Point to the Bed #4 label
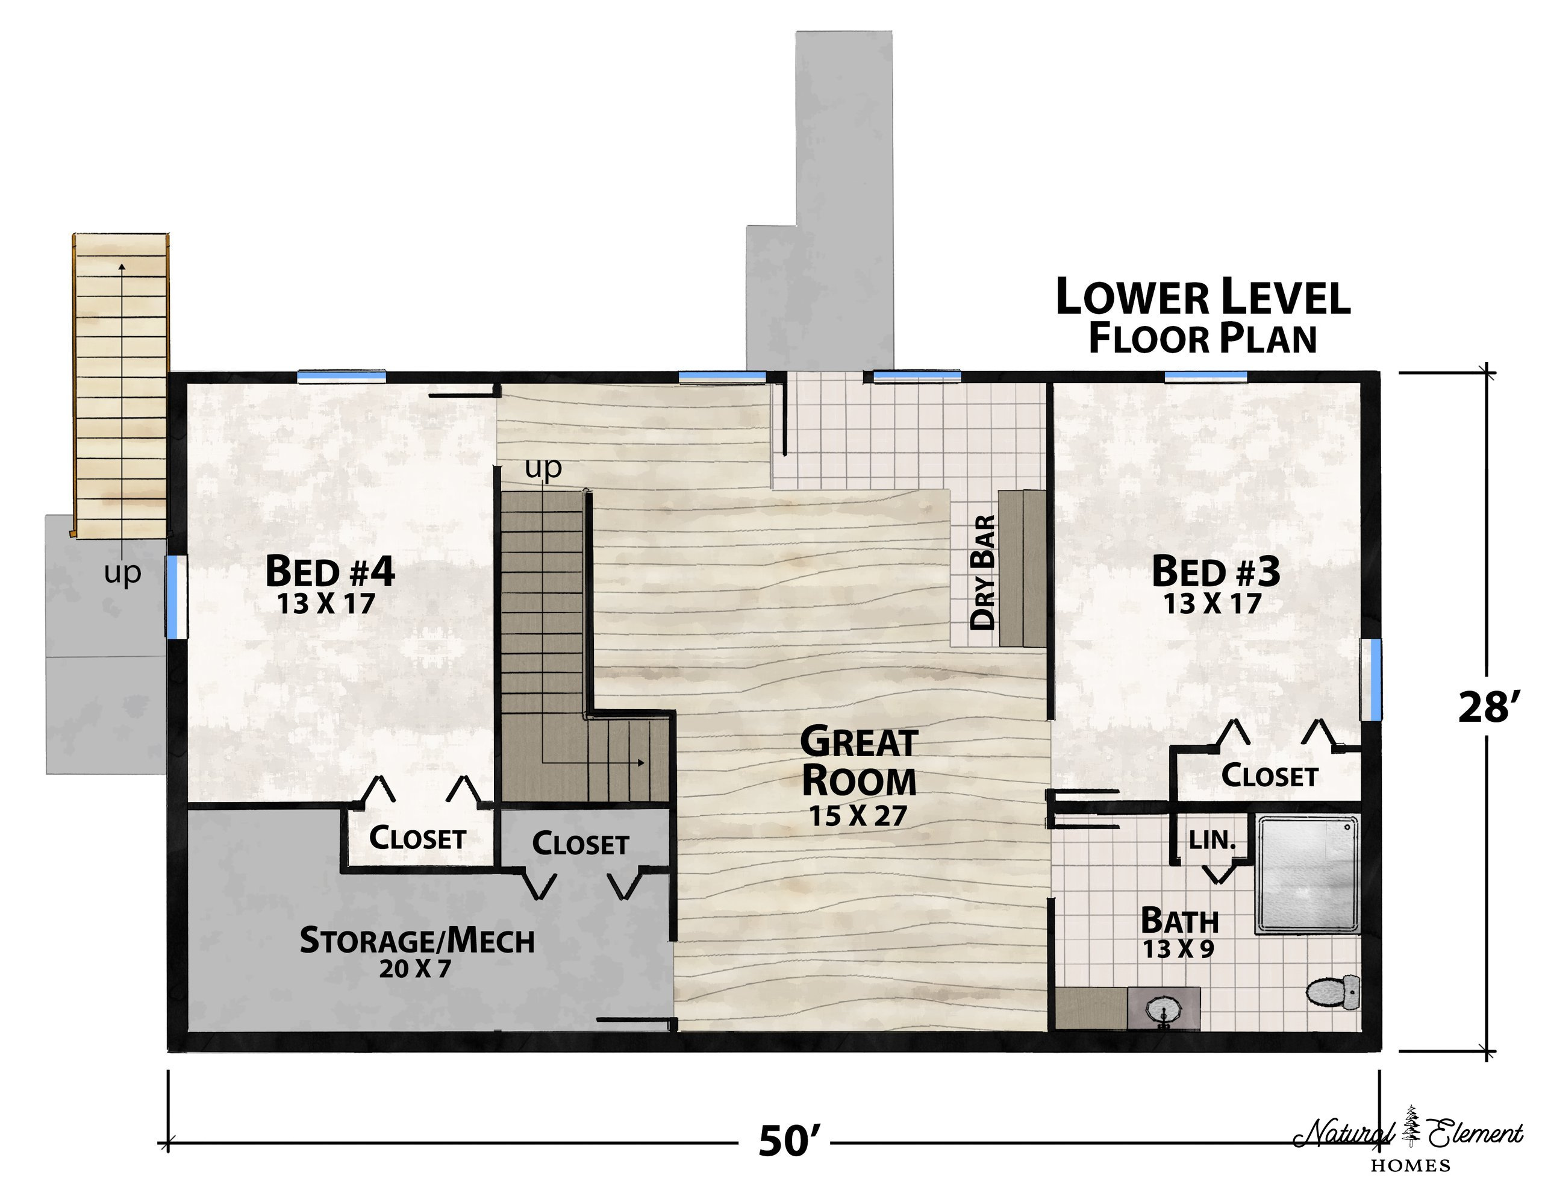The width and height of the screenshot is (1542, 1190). tap(329, 571)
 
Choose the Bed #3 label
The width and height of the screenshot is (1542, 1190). tap(1216, 571)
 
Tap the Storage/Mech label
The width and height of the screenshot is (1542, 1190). tap(417, 941)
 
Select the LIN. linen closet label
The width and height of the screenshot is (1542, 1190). tap(1213, 841)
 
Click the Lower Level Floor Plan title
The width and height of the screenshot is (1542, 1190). tap(1202, 316)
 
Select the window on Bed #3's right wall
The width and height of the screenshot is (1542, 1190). tap(1371, 680)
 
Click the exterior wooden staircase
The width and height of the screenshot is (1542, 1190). tap(122, 384)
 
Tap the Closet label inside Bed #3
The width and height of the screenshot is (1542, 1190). tap(1269, 776)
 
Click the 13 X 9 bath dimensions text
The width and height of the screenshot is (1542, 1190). tap(1178, 949)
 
